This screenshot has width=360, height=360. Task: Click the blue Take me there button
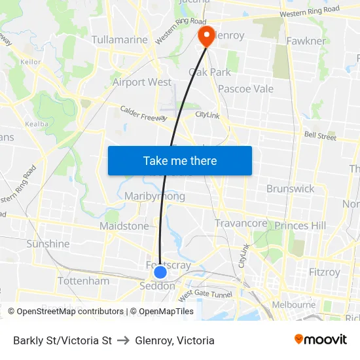click(179, 160)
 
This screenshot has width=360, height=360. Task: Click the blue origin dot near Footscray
click(160, 272)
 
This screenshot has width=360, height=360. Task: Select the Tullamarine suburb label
click(120, 40)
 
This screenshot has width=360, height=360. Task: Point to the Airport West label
click(142, 82)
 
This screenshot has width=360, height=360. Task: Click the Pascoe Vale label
click(245, 88)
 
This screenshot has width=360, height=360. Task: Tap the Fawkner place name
click(306, 41)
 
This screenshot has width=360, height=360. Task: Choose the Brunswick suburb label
click(290, 189)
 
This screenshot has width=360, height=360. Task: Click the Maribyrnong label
click(154, 196)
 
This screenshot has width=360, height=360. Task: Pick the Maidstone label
click(124, 226)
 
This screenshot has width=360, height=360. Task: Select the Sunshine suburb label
click(48, 243)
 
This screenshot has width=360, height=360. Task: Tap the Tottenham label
click(84, 281)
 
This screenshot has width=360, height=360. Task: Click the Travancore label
click(241, 223)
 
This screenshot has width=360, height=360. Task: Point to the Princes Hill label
click(300, 226)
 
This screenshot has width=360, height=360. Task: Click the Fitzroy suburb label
click(325, 272)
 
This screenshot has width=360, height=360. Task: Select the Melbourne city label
click(294, 304)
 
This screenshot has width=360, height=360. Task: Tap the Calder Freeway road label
click(143, 113)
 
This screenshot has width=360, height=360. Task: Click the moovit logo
click(321, 340)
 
